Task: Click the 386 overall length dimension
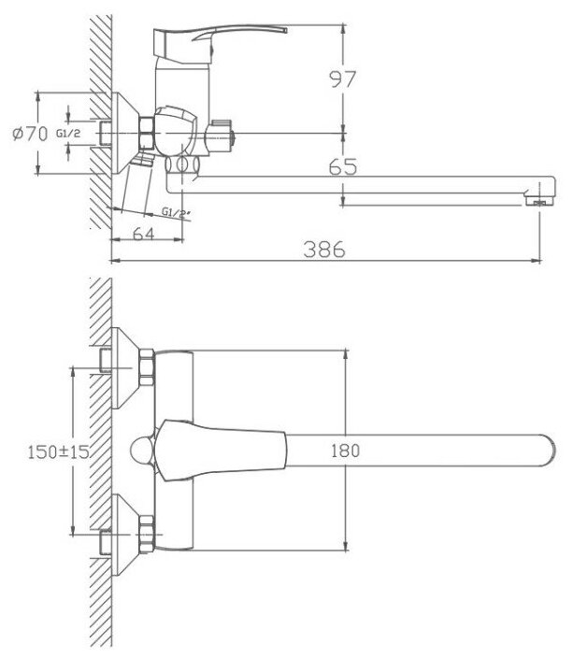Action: pos(323,249)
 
